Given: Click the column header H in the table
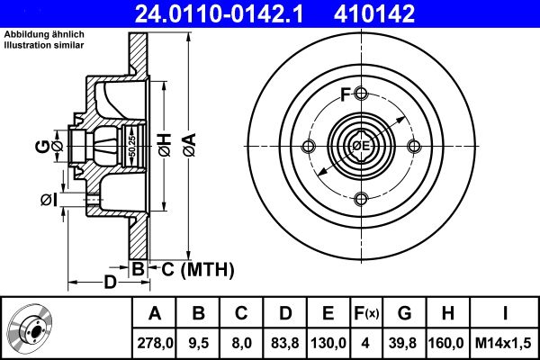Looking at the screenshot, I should [447, 314].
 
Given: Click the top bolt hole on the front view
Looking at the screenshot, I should [362, 94].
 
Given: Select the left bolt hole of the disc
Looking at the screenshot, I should [309, 147].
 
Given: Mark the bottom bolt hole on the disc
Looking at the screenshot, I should [362, 200].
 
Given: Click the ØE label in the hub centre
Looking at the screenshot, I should [361, 146].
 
